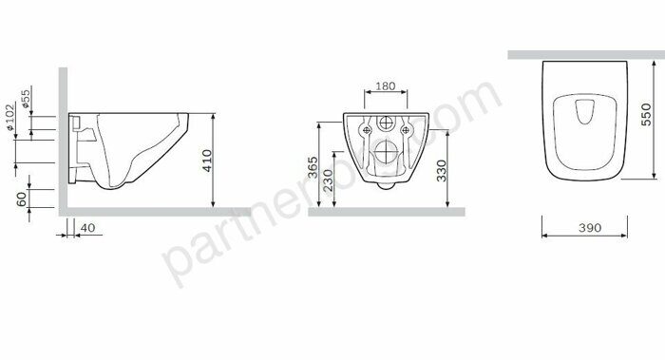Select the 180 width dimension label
[385, 86]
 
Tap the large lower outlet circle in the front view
[386, 152]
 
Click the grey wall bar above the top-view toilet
[585, 55]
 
